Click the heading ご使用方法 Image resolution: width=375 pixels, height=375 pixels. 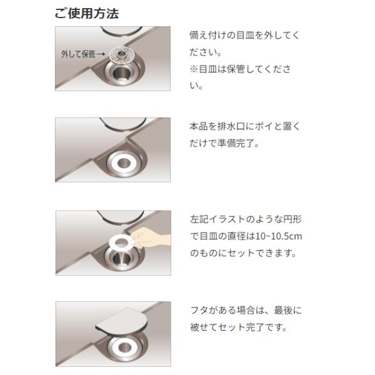(87, 13)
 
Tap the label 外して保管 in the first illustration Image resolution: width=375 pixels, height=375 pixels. (78, 54)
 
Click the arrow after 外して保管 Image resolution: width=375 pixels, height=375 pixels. (101, 54)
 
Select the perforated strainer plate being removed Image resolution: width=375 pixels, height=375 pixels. (121, 54)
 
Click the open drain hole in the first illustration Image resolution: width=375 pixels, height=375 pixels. (121, 73)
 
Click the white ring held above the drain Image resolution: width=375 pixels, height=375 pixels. (112, 242)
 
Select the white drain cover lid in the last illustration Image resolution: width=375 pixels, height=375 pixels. (122, 320)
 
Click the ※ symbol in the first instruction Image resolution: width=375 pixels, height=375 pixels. (194, 69)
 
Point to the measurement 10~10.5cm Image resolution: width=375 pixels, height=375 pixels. (279, 236)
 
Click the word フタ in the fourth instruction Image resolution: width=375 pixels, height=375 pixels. (199, 311)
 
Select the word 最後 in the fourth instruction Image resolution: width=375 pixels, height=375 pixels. (283, 311)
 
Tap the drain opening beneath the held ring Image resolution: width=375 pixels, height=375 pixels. (121, 259)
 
